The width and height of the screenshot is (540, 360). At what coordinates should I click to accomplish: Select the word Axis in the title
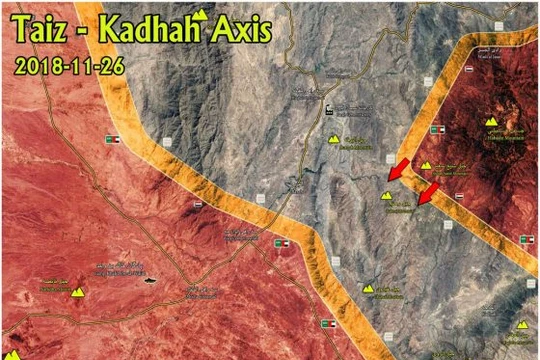coord(241,33)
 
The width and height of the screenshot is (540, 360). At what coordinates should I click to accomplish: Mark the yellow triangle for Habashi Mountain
coord(491,121)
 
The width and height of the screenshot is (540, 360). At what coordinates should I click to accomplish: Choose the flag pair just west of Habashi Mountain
coord(439,132)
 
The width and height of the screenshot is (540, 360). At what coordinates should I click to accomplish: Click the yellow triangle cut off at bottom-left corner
coord(11,353)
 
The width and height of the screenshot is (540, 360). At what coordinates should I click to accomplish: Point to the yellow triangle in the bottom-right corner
coord(522,325)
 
